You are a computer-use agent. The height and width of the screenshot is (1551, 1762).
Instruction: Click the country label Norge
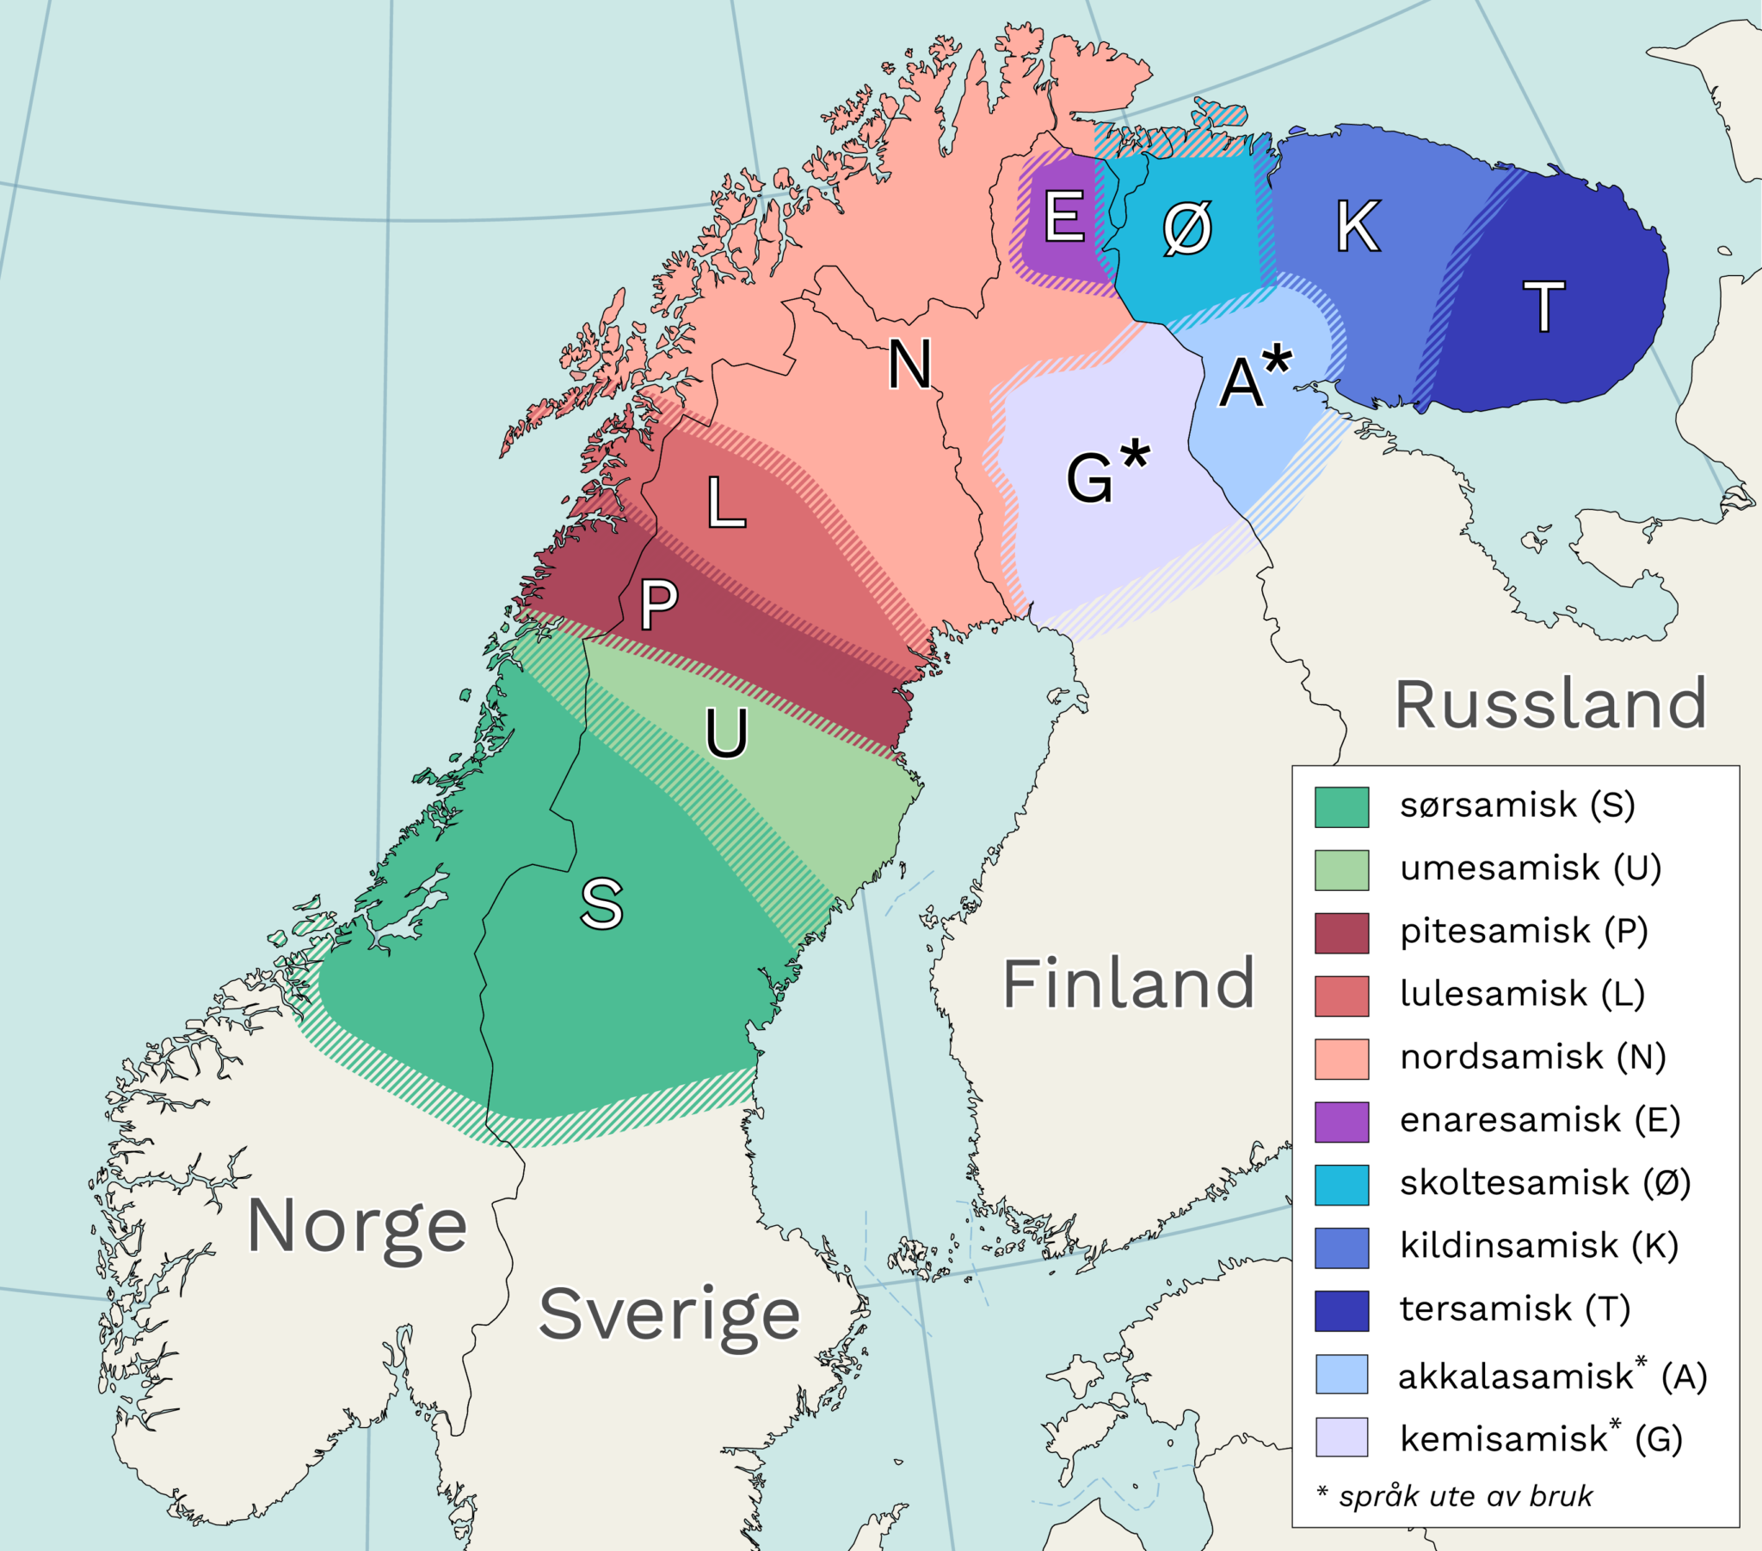(357, 1227)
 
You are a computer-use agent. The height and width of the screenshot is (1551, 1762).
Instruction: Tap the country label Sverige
(669, 1315)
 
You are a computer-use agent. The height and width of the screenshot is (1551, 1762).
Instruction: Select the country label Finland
(1128, 984)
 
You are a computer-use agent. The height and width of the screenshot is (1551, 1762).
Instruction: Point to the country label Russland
(1550, 704)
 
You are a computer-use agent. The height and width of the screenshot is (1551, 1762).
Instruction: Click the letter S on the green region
(601, 904)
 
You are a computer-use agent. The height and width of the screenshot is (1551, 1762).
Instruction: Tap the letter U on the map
(726, 733)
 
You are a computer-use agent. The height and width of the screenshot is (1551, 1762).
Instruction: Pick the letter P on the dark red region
(658, 604)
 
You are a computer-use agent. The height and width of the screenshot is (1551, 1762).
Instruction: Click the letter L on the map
(725, 502)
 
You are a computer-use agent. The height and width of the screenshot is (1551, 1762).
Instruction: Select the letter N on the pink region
(909, 365)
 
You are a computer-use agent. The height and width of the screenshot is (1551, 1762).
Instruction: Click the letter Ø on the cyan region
(1187, 230)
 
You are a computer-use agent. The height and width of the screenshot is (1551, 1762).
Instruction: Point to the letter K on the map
(1358, 227)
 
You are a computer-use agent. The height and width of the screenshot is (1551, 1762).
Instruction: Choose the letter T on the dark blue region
(1544, 307)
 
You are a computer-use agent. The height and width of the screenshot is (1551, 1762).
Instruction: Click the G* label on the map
(1107, 472)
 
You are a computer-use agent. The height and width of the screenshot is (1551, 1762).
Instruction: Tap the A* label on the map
(1255, 377)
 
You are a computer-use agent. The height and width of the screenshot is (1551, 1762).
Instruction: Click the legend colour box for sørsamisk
(1341, 807)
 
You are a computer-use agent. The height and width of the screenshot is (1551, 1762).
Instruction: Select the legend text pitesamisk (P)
(1523, 931)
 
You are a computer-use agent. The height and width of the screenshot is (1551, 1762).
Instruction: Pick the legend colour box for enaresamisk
(1341, 1122)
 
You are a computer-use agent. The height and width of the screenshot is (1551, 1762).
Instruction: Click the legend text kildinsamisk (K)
(1538, 1246)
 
